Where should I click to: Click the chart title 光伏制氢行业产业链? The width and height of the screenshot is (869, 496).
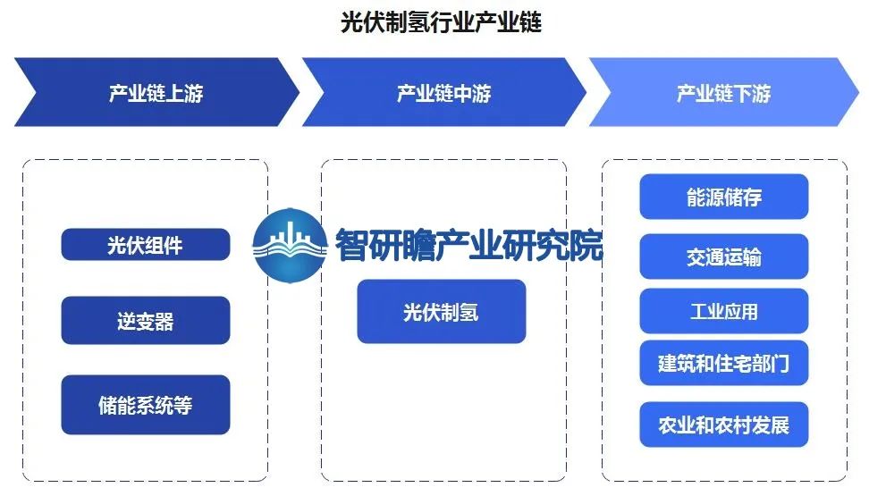click(441, 22)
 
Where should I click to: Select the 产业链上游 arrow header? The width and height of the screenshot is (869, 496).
click(156, 92)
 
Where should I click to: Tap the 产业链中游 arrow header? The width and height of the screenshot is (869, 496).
click(444, 92)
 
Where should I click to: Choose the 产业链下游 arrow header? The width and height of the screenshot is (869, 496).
click(724, 92)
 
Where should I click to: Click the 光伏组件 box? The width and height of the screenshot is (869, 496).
click(145, 244)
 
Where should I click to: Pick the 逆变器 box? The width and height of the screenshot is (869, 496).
click(145, 320)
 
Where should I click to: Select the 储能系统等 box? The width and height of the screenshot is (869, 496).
click(145, 405)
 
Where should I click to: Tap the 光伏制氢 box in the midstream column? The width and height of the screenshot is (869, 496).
click(441, 312)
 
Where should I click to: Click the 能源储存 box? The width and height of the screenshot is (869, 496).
click(724, 197)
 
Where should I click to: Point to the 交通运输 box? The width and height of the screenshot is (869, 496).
click(724, 256)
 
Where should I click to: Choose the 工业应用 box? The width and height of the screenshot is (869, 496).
click(724, 311)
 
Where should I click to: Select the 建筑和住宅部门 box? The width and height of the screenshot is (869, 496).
click(724, 363)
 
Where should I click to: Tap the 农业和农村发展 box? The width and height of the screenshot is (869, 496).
click(724, 425)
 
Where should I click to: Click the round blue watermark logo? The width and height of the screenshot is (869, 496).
click(290, 245)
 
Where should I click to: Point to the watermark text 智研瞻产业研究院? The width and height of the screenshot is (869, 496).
click(468, 245)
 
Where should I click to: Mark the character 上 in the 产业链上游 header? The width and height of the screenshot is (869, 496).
click(174, 93)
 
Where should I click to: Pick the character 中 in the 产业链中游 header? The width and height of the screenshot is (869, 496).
click(463, 93)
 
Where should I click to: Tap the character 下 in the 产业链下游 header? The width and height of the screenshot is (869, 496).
click(743, 93)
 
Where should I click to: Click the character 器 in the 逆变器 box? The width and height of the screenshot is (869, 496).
click(165, 321)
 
